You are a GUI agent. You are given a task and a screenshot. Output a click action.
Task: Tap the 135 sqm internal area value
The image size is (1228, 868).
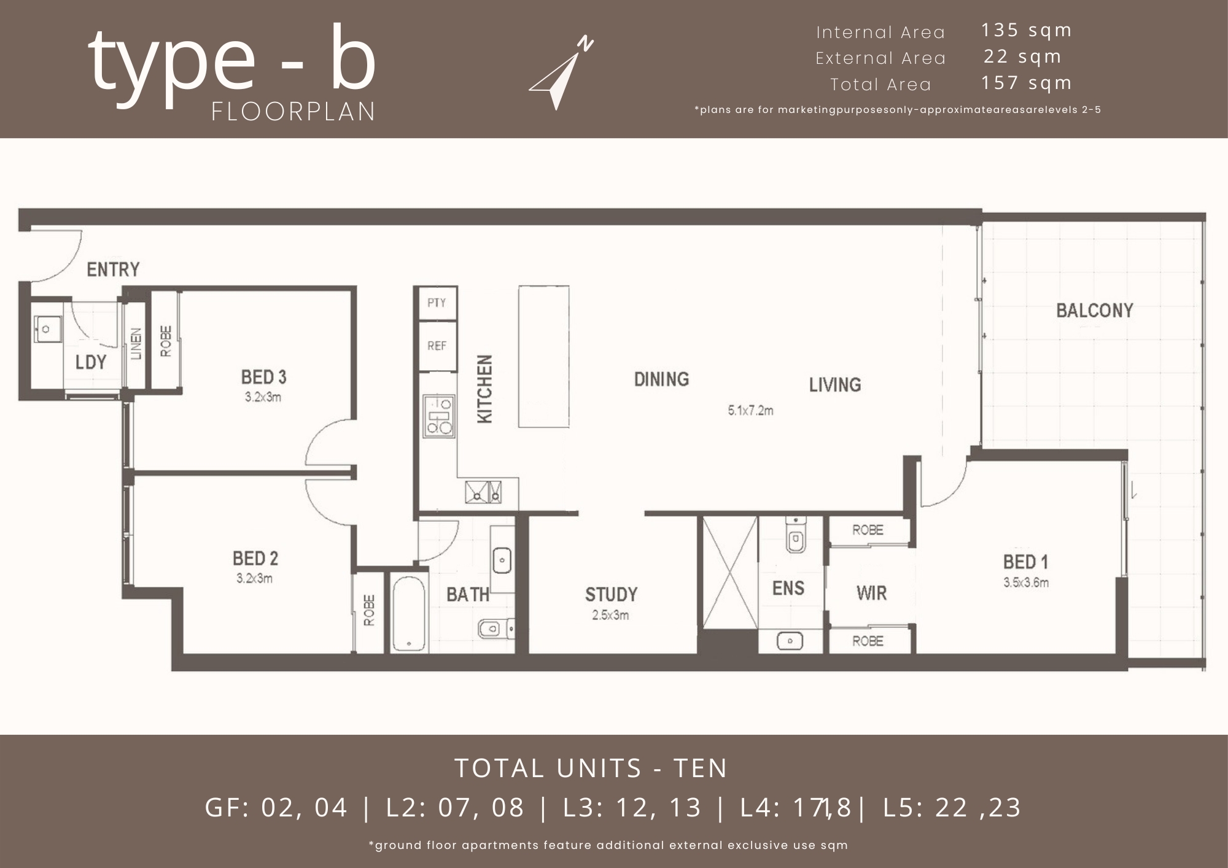(1026, 30)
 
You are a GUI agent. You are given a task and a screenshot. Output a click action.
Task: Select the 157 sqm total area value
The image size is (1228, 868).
(1026, 83)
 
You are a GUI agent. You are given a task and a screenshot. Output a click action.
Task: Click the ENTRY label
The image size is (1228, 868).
(113, 269)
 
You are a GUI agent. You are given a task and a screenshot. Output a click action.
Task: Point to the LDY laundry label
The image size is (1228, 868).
(91, 362)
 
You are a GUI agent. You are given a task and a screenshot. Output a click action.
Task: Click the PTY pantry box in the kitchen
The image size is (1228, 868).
(437, 303)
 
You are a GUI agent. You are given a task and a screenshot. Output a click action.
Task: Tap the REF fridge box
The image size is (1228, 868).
(437, 346)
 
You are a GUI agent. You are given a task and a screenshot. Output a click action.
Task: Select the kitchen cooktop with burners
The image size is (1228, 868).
(439, 416)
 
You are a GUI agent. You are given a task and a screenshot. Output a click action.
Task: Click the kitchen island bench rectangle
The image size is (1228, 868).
(543, 356)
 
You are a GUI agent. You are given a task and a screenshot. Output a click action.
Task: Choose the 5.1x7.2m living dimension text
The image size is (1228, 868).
(750, 411)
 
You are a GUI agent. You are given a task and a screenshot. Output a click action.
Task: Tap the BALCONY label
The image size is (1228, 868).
(1094, 311)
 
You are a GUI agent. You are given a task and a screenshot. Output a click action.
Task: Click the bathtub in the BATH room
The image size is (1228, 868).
(408, 613)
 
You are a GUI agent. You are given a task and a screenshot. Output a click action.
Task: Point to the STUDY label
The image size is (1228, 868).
(611, 594)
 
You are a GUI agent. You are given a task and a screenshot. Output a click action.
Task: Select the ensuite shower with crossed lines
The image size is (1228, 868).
(729, 573)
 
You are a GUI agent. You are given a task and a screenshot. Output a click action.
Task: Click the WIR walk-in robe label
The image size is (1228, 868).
(871, 593)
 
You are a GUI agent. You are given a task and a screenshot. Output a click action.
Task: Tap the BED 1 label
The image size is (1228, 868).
(1025, 562)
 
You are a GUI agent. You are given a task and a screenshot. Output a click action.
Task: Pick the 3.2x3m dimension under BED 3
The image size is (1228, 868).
(263, 397)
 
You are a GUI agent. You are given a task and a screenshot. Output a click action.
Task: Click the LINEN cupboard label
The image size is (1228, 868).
(136, 344)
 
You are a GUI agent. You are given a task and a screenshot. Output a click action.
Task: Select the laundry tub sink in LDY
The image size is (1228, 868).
(45, 329)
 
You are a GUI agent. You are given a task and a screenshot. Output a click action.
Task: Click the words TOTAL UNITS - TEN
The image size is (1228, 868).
(591, 769)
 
